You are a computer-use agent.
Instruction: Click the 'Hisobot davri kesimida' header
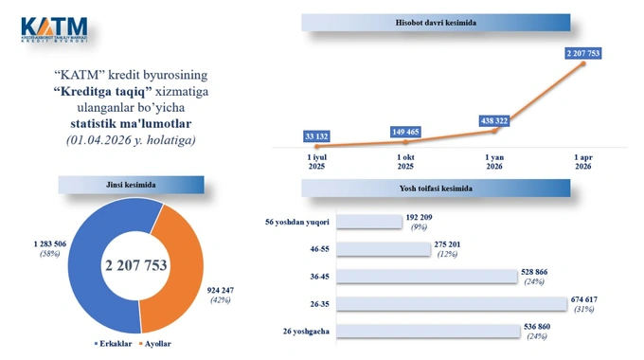[x=436, y=21]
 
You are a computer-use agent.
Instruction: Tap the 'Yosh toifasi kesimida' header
[x=436, y=188]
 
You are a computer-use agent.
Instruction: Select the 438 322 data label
[x=494, y=120]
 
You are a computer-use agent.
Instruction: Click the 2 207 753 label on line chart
[x=582, y=53]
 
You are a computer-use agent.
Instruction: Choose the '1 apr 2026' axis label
[x=582, y=160]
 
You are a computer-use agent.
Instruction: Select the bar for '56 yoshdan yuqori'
[x=369, y=222]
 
